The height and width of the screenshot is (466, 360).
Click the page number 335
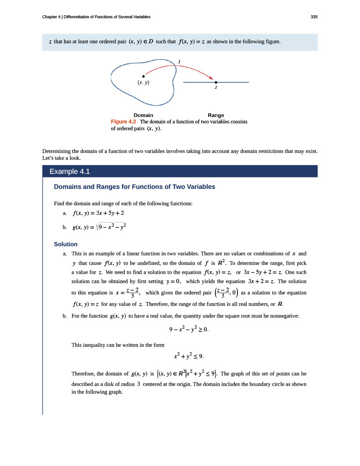pos(314,17)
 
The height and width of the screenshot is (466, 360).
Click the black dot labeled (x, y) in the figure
pos(143,76)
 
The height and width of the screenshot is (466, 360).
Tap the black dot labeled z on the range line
pos(216,82)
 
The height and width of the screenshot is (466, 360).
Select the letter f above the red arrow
pos(179,61)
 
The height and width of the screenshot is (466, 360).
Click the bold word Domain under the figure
pos(143,115)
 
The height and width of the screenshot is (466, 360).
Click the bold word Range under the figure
pos(216,115)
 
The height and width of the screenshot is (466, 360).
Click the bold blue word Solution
pos(66,244)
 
